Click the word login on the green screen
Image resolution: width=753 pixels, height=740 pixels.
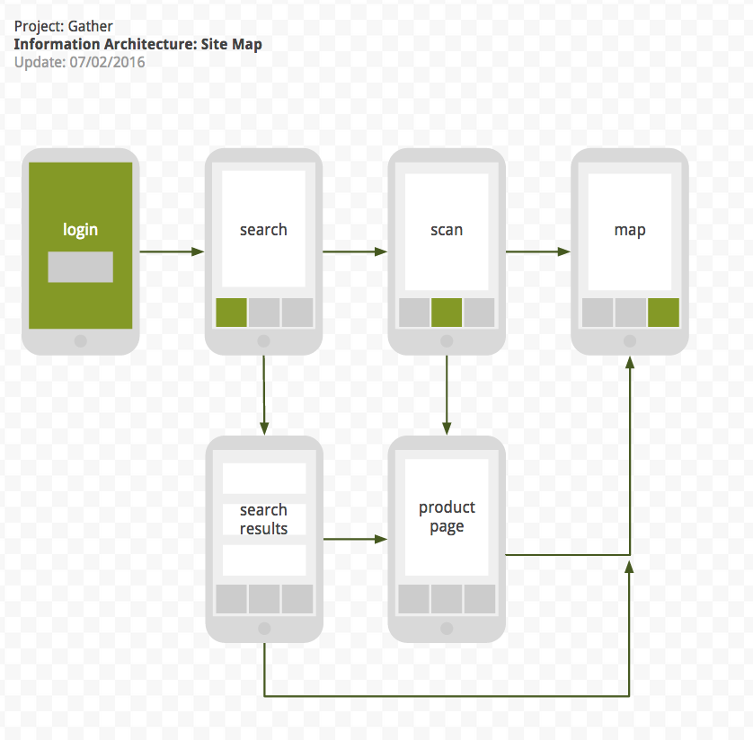pos(80,230)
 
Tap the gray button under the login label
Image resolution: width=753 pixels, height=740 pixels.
pos(80,267)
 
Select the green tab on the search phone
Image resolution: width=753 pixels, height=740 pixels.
pos(231,313)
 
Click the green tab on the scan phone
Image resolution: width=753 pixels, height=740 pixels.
pos(447,313)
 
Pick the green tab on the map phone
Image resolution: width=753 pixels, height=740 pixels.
pos(663,313)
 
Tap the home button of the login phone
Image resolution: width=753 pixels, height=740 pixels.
pos(80,341)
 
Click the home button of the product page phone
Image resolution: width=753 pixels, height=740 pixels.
pos(447,629)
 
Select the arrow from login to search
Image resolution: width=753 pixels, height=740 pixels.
pos(172,251)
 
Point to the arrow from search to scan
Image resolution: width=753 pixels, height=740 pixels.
pos(355,251)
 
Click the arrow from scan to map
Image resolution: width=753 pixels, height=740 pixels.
pos(538,251)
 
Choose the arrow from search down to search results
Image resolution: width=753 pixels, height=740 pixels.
pos(263,395)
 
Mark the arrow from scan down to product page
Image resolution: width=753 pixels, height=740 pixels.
pos(447,395)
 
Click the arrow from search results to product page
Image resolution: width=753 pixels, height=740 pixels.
pos(355,539)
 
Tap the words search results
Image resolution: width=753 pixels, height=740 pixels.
pos(263,519)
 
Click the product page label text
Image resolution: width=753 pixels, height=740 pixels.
pos(447,516)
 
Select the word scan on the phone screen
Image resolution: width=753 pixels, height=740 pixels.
pos(447,230)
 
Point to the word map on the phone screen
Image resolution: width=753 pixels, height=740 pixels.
pos(630,230)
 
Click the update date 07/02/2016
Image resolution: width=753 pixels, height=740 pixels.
pos(107,62)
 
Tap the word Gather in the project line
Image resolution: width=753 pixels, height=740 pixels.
pos(91,26)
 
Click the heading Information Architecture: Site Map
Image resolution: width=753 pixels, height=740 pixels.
pos(138,44)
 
